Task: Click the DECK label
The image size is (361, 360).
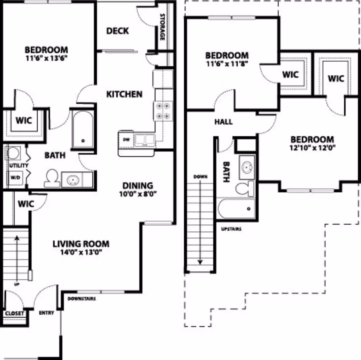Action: pyautogui.click(x=118, y=31)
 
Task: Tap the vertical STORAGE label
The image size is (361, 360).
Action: pyautogui.click(x=163, y=27)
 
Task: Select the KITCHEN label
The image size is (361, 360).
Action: pyautogui.click(x=124, y=94)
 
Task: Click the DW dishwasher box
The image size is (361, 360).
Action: pyautogui.click(x=126, y=140)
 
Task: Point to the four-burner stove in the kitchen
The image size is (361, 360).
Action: pyautogui.click(x=163, y=110)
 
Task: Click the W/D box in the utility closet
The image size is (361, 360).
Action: pyautogui.click(x=15, y=178)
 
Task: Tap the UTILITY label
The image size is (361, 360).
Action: pyautogui.click(x=19, y=165)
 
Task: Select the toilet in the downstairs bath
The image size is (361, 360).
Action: pyautogui.click(x=52, y=178)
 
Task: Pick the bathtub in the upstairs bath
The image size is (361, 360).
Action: pyautogui.click(x=236, y=209)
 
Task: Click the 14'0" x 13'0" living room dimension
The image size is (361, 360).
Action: pyautogui.click(x=81, y=252)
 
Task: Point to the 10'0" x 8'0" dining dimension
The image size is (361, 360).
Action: pyautogui.click(x=137, y=193)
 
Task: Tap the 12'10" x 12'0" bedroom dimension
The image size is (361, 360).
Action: pyautogui.click(x=312, y=148)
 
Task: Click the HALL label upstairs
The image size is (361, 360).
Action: pyautogui.click(x=224, y=122)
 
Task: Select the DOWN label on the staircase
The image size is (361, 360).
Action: pyautogui.click(x=200, y=176)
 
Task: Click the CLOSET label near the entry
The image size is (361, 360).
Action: pyautogui.click(x=15, y=313)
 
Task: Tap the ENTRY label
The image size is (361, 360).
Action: pyautogui.click(x=46, y=313)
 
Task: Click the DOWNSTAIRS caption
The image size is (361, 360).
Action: pyautogui.click(x=81, y=299)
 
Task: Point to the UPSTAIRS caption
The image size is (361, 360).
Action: pyautogui.click(x=231, y=229)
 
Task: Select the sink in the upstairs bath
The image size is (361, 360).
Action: pyautogui.click(x=247, y=165)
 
